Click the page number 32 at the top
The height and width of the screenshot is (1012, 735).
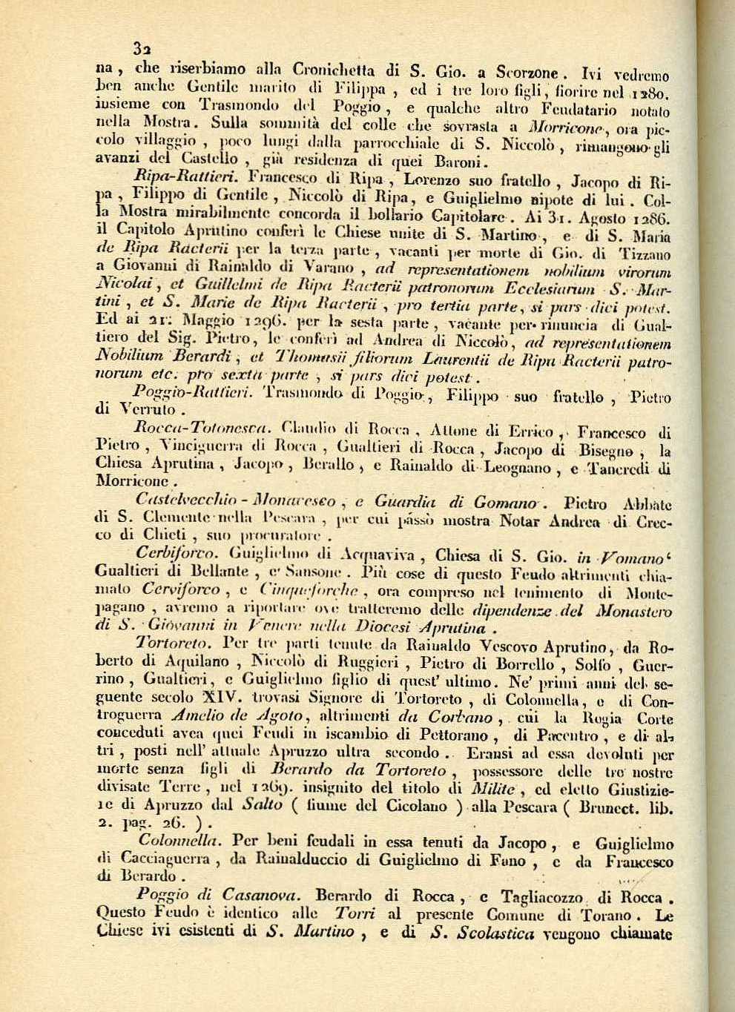[141, 49]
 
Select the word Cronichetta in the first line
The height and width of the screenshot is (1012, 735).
[338, 73]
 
